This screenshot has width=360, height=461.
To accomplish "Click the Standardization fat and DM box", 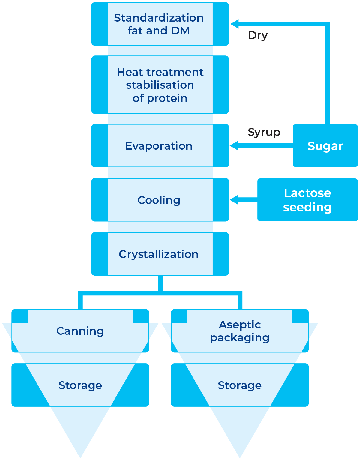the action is (x=160, y=24).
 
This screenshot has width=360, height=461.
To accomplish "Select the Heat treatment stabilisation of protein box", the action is (x=160, y=85).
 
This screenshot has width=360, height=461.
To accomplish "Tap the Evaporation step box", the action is (x=160, y=145).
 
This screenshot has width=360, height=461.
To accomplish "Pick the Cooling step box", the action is (x=160, y=200).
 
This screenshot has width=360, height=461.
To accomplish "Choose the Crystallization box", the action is (x=160, y=254).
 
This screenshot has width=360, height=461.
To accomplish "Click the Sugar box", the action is (x=325, y=145).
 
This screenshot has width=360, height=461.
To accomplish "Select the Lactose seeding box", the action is (x=307, y=200).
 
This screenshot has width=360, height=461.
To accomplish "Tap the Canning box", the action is (x=80, y=331).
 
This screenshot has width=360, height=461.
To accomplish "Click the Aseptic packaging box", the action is (x=240, y=331).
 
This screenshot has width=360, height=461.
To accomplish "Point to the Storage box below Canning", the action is (x=80, y=385).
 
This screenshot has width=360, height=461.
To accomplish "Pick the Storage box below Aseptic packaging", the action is (x=240, y=385).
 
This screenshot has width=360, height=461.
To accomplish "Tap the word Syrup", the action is (x=264, y=133).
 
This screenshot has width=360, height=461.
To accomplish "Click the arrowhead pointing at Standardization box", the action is (x=235, y=24).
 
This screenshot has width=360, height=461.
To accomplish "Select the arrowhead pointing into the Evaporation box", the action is (x=234, y=145).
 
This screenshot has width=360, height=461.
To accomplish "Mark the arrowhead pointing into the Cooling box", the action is (x=234, y=200).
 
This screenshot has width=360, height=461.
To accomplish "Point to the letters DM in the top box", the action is (x=180, y=31).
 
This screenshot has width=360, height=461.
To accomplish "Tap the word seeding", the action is (x=307, y=207).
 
